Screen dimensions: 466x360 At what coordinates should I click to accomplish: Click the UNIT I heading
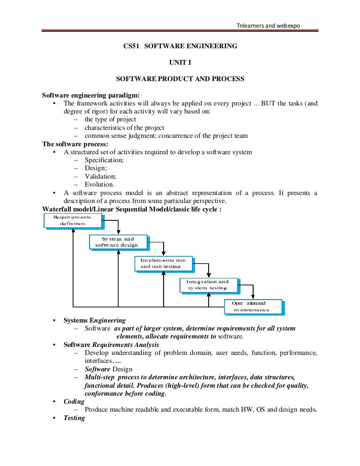(x=180, y=62)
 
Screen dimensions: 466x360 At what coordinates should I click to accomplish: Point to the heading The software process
(x=75, y=144)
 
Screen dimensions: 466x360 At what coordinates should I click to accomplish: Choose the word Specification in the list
(x=104, y=160)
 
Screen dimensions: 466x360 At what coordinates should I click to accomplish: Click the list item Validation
(x=100, y=176)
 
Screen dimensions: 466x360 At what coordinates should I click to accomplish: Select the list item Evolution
(x=99, y=185)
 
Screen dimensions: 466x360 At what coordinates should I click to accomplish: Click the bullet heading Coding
(x=74, y=402)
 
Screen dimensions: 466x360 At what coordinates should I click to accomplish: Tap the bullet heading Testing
(x=74, y=418)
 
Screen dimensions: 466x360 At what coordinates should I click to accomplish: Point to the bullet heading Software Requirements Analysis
(x=112, y=345)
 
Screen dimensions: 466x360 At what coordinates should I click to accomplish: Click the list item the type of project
(x=110, y=120)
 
